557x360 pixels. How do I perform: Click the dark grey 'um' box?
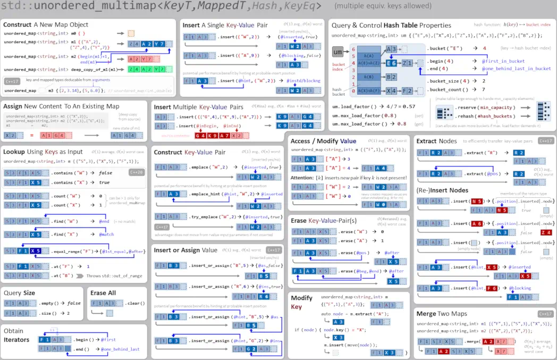(337, 52)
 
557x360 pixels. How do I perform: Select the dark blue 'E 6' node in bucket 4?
(391, 63)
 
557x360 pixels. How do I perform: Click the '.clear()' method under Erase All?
(135, 303)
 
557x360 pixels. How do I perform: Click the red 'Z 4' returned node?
(545, 232)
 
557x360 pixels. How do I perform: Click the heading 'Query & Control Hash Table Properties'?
(391, 25)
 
